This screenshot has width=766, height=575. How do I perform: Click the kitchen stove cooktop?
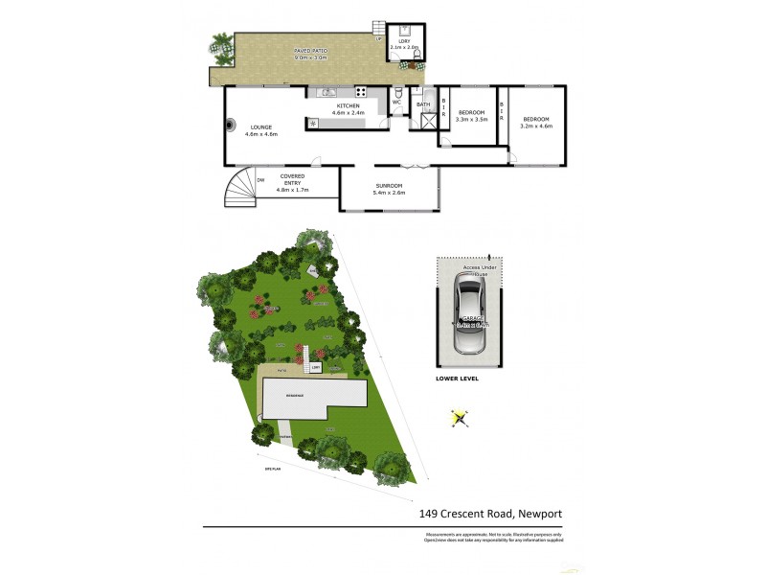(x=362, y=92)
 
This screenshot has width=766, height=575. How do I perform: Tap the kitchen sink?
(x=329, y=92)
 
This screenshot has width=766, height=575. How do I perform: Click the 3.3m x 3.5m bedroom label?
(x=471, y=116)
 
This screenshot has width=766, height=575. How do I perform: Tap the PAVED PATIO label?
(x=310, y=54)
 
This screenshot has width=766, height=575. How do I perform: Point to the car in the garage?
(x=471, y=314)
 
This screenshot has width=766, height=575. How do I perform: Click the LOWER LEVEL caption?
(x=457, y=379)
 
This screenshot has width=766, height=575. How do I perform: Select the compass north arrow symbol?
(x=460, y=418)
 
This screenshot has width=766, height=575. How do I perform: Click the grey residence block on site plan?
(x=314, y=397)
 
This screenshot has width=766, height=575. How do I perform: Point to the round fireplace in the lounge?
(x=231, y=124)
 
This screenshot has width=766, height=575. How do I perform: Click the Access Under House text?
(x=470, y=271)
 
